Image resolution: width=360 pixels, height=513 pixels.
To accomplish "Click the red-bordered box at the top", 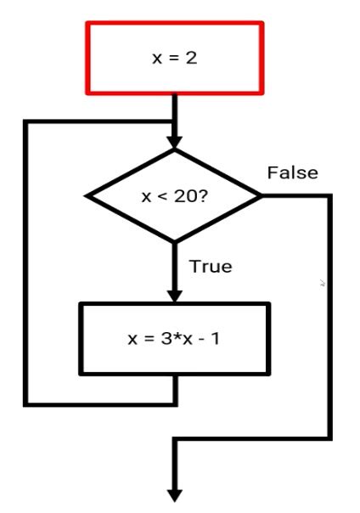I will coord(174,58).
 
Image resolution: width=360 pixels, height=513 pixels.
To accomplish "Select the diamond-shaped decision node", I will coord(174,196).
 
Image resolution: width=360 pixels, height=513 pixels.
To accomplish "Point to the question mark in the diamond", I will coord(203,196).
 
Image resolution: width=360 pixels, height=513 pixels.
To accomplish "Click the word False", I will coord(293,173).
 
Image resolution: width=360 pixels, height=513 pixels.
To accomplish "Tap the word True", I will coord(211,266).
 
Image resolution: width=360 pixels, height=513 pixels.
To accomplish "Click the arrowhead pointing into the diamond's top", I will coord(174,140).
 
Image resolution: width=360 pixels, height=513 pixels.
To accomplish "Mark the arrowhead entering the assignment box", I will coord(174,294).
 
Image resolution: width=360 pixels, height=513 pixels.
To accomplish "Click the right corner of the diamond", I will coord(261,196).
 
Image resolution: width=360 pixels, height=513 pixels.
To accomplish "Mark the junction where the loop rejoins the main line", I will coord(174,122).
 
